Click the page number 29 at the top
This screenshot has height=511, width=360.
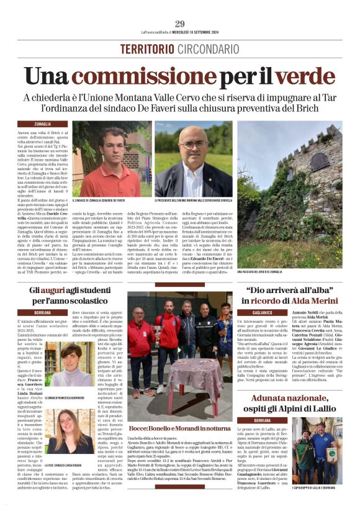pyautogui.click(x=179, y=24)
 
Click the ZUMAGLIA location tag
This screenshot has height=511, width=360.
pyautogui.click(x=52, y=125)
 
